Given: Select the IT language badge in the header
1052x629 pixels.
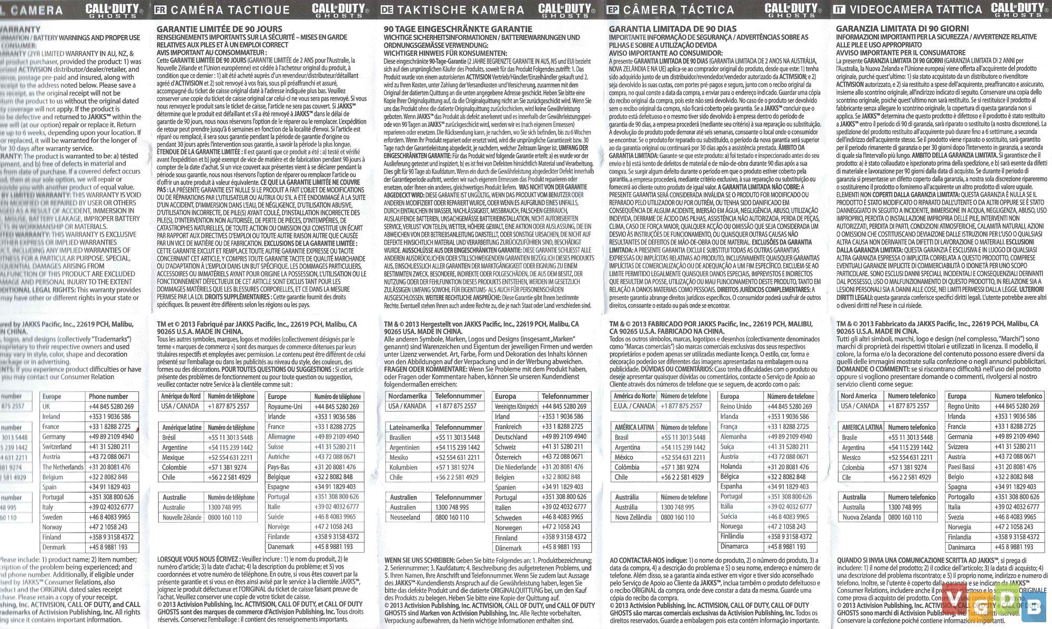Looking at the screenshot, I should [x=839, y=9].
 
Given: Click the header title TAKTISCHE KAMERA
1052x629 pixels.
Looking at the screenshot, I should [x=460, y=10].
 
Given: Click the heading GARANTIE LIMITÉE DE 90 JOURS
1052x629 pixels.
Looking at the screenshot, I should [x=219, y=29].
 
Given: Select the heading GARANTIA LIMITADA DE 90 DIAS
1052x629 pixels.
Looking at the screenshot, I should [x=673, y=29].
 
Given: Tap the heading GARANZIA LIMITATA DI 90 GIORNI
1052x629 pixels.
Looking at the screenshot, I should [x=903, y=28].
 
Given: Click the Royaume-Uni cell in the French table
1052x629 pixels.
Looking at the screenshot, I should [x=285, y=407].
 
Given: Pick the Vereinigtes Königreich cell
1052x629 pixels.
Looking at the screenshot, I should [x=516, y=407].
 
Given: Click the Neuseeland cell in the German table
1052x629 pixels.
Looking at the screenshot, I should [x=404, y=518].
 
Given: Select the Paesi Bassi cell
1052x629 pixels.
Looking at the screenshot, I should [x=961, y=467].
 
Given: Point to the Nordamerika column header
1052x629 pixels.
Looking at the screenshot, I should [x=409, y=396].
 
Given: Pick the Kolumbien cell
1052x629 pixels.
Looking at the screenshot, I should [x=403, y=468].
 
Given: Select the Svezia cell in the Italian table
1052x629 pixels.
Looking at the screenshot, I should [x=956, y=517].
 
